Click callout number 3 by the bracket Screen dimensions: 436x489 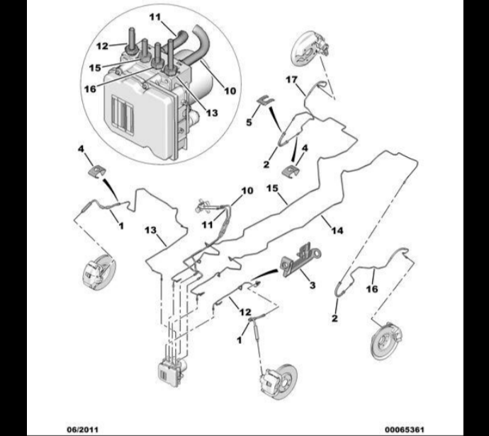(x=311, y=285)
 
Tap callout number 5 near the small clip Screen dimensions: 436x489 (x=249, y=122)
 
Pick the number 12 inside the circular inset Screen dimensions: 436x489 (x=102, y=46)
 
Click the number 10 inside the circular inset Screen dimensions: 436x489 (x=230, y=90)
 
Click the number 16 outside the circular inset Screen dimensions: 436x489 (x=371, y=289)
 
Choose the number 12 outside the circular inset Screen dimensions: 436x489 (x=244, y=311)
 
